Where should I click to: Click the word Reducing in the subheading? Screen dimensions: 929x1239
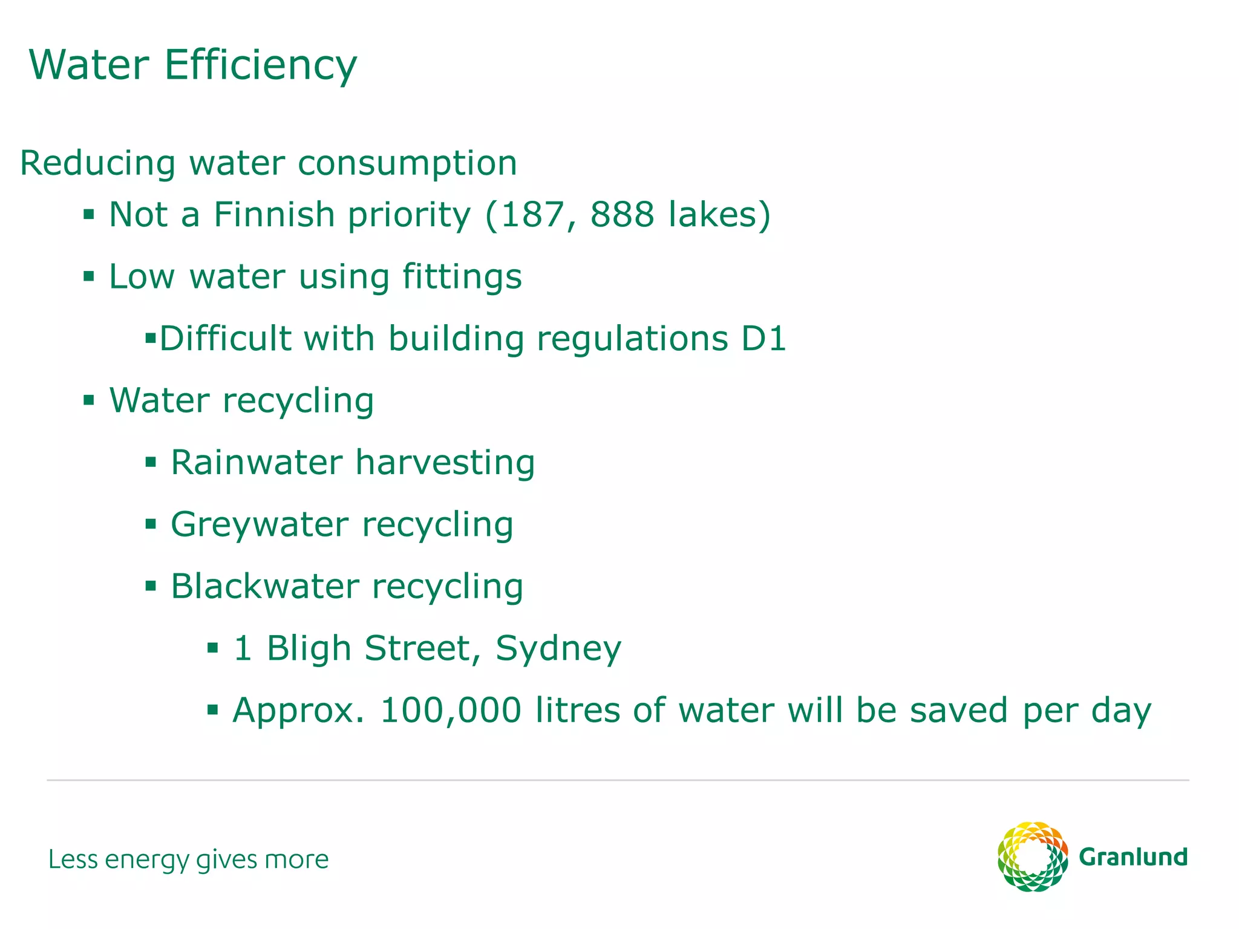[x=98, y=164]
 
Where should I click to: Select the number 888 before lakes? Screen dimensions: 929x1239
[x=622, y=215]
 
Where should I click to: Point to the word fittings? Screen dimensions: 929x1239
[x=462, y=277]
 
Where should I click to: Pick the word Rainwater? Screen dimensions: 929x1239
[x=257, y=463]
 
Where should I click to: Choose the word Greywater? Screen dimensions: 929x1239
[x=260, y=525]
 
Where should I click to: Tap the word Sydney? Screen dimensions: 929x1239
[x=558, y=649]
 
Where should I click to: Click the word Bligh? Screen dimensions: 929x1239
[x=309, y=649]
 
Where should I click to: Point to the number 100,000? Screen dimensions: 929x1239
[x=450, y=711]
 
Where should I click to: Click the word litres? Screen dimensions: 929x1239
[x=577, y=711]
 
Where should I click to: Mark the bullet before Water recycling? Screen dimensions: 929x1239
[x=89, y=400]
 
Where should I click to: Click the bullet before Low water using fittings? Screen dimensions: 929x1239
[x=89, y=277]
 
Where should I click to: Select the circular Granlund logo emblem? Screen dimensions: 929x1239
[x=1032, y=856]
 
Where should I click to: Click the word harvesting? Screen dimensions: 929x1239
[x=445, y=463]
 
